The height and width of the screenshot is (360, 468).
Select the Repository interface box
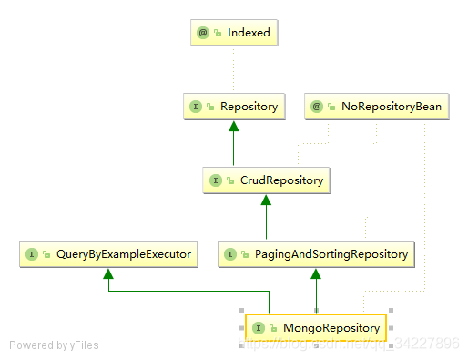pyautogui.click(x=234, y=107)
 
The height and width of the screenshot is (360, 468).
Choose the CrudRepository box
pyautogui.click(x=265, y=180)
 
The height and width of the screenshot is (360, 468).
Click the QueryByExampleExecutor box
pyautogui.click(x=108, y=254)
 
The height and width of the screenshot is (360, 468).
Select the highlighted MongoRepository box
pyautogui.click(x=316, y=327)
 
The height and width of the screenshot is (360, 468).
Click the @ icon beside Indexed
pyautogui.click(x=203, y=33)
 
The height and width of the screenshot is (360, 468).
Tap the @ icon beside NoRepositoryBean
pyautogui.click(x=316, y=107)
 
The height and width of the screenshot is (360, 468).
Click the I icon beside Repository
pyautogui.click(x=195, y=107)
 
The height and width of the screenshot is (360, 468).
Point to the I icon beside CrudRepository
pyautogui.click(x=215, y=180)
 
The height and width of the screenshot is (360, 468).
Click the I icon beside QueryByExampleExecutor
pyautogui.click(x=32, y=254)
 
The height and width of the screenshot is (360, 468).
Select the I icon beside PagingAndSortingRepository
pyautogui.click(x=231, y=254)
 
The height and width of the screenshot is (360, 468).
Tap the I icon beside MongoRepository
pyautogui.click(x=259, y=327)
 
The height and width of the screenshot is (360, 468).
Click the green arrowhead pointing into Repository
pyautogui.click(x=234, y=127)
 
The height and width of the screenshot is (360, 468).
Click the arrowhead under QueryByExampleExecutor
pyautogui.click(x=108, y=274)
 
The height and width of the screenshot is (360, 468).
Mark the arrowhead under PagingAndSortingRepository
pyautogui.click(x=316, y=274)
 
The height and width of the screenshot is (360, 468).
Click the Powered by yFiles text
pyautogui.click(x=54, y=345)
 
